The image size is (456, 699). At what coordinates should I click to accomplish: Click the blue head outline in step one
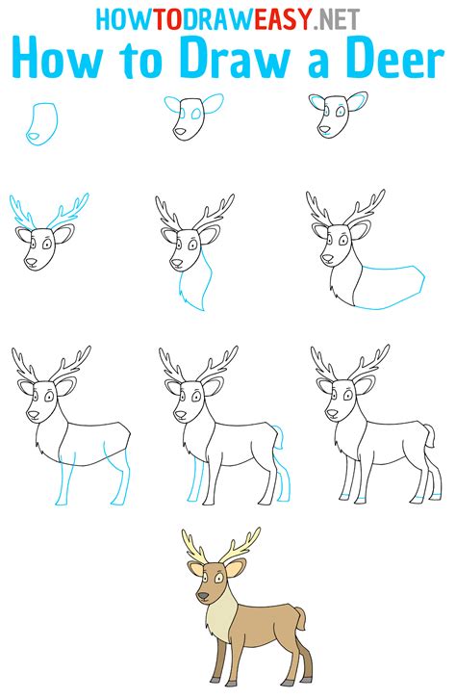click(42, 124)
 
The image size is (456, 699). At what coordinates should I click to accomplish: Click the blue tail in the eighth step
click(279, 438)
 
